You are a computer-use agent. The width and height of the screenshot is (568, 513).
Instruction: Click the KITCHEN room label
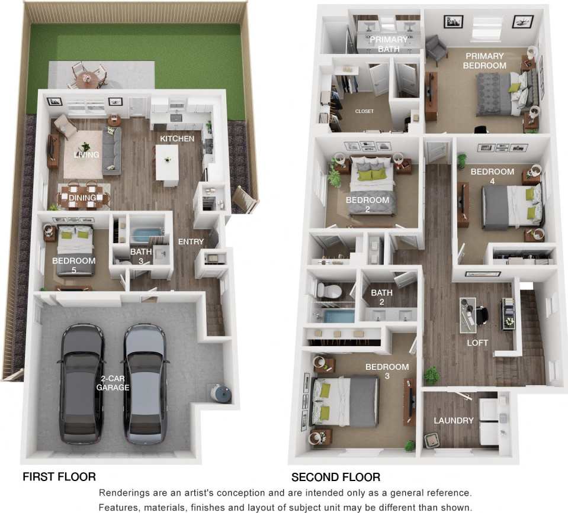coord(177,138)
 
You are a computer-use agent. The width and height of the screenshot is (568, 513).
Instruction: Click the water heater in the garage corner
coord(222,393)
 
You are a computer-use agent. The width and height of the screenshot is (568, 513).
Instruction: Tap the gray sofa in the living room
coord(112,150)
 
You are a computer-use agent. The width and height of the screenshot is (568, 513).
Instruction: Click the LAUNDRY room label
coord(454,421)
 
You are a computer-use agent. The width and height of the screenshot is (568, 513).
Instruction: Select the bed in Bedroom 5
coord(75,250)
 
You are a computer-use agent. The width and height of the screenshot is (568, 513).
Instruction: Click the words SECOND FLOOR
coord(336,477)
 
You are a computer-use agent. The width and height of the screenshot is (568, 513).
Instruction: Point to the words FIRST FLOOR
coord(59,476)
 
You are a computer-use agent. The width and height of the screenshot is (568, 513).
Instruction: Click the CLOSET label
coord(364,111)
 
